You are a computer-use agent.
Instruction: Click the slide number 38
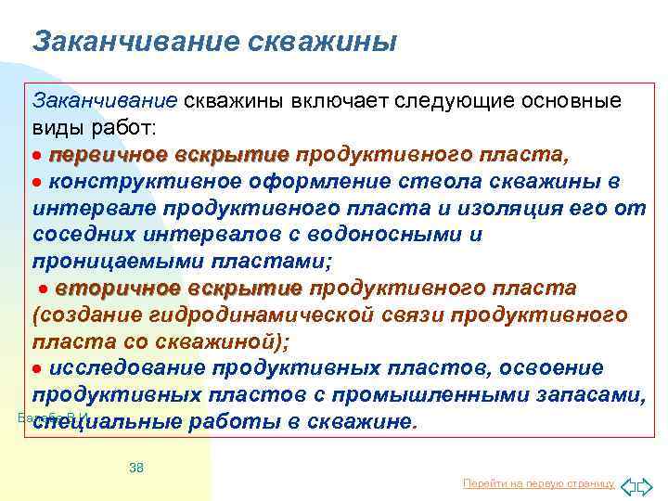tap(136, 468)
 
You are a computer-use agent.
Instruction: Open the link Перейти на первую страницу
tap(538, 482)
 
